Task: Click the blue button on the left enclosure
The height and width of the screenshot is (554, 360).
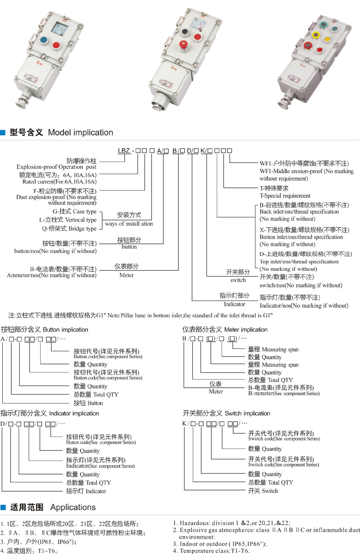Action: pyautogui.click(x=43, y=40)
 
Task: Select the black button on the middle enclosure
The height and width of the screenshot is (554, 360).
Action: pyautogui.click(x=185, y=32)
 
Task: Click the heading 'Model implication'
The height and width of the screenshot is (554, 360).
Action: pyautogui.click(x=80, y=132)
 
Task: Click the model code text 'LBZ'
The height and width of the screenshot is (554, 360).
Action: pyautogui.click(x=124, y=151)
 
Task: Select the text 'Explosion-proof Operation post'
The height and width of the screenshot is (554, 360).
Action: pyautogui.click(x=56, y=167)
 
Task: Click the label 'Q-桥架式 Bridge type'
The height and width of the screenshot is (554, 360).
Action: pyautogui.click(x=69, y=229)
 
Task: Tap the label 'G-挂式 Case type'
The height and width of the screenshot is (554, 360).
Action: pyautogui.click(x=74, y=211)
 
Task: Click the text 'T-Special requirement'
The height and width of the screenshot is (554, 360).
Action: pyautogui.click(x=285, y=195)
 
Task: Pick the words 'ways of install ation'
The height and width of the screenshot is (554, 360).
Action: pyautogui.click(x=129, y=224)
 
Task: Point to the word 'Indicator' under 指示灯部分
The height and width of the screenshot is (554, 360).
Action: pyautogui.click(x=234, y=304)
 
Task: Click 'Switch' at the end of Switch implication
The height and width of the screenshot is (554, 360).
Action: pyautogui.click(x=270, y=491)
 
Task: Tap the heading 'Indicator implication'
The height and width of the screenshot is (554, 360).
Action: pyautogui.click(x=74, y=413)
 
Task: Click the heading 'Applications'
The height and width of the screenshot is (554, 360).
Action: pyautogui.click(x=73, y=507)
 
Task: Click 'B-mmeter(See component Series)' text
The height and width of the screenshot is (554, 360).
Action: pyautogui.click(x=284, y=394)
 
